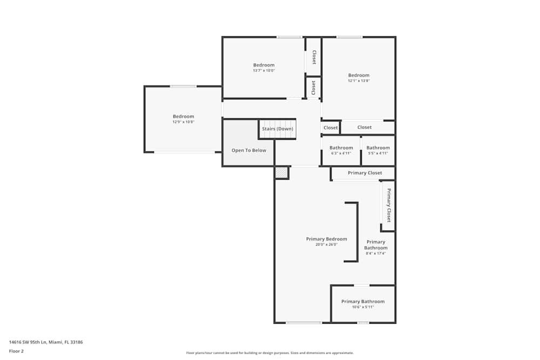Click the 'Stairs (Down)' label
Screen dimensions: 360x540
tap(278, 129)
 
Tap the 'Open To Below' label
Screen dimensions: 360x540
tap(248, 150)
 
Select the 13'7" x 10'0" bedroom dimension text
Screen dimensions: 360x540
tap(264, 71)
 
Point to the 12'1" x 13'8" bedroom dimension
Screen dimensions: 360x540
tap(359, 81)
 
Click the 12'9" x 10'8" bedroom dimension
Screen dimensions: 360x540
tap(183, 122)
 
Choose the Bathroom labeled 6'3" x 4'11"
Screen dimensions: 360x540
tap(341, 153)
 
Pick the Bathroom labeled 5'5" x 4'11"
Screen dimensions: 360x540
tap(378, 153)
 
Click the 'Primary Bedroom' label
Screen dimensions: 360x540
tap(326, 239)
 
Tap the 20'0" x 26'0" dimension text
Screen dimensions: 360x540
tap(326, 244)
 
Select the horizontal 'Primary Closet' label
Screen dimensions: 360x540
tap(364, 173)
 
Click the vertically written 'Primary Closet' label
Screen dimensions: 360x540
tap(388, 205)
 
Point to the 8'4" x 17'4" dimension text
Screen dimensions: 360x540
tap(375, 253)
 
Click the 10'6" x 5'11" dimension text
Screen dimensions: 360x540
tap(363, 307)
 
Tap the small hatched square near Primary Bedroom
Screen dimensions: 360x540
tap(281, 173)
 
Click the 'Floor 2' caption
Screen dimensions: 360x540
tap(16, 351)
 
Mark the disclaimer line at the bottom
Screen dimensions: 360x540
tap(271, 352)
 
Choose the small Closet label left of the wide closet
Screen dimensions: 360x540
tap(330, 128)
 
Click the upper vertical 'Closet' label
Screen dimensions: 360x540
tap(313, 57)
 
